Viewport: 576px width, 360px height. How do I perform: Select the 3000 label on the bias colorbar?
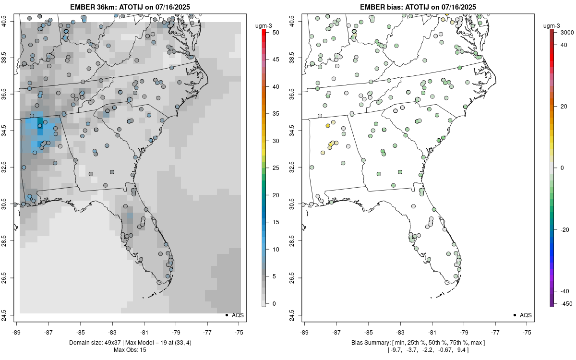coord(567,32)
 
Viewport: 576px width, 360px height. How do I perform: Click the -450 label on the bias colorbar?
coord(565,303)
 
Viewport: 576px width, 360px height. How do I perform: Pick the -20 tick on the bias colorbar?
coord(564,229)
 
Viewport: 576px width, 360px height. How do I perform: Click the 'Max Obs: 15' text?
coord(130,350)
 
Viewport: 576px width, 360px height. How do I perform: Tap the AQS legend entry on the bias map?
coord(522,315)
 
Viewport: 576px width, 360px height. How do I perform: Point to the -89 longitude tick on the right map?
coord(304,332)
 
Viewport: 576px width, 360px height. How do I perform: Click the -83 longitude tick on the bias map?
coord(400,332)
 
